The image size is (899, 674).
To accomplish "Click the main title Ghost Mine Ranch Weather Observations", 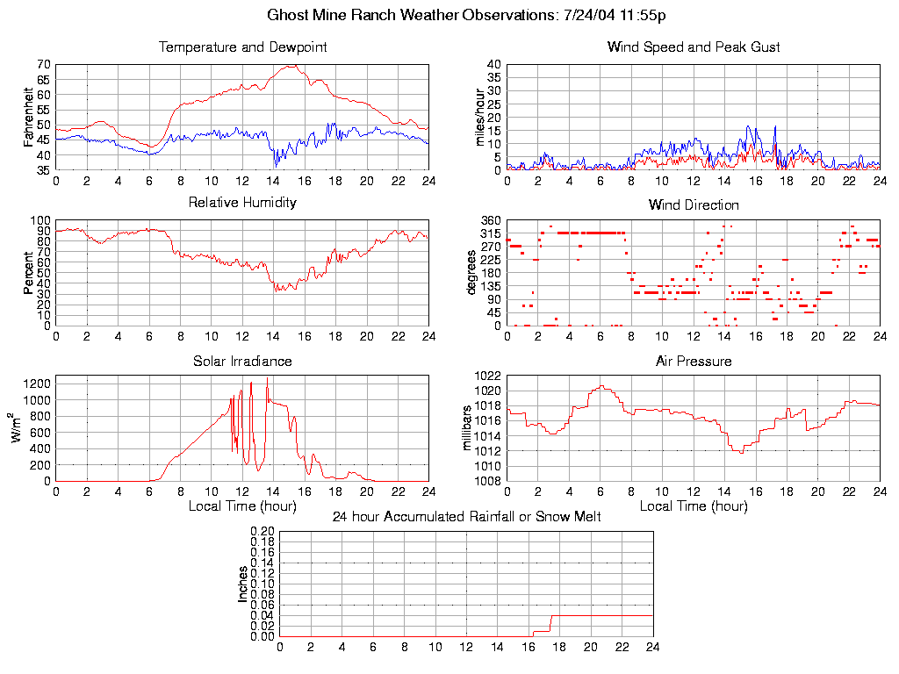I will (465, 16).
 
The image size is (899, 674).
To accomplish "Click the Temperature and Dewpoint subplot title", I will (242, 47).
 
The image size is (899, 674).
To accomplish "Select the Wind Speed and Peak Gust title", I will (694, 47).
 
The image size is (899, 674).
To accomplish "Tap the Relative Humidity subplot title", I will (242, 203).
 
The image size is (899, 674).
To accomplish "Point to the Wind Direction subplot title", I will (694, 205).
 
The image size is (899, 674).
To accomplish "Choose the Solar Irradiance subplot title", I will (242, 362).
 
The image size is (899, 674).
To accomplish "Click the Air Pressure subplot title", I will (694, 362).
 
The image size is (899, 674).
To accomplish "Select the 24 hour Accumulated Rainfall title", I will (466, 517).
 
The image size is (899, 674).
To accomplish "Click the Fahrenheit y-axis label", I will (29, 117).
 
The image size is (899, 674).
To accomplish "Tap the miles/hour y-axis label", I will (480, 117).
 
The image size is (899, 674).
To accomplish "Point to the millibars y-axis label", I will (468, 428).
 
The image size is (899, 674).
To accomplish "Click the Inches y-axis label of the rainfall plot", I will (243, 584).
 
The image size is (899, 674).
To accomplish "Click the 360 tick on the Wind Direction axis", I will (490, 220).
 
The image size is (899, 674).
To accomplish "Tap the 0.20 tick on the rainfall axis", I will (263, 531).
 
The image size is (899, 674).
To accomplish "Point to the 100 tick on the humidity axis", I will (41, 220).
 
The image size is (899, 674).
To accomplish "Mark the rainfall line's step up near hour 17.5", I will (550, 624).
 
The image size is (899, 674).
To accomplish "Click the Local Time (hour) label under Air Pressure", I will (694, 506).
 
